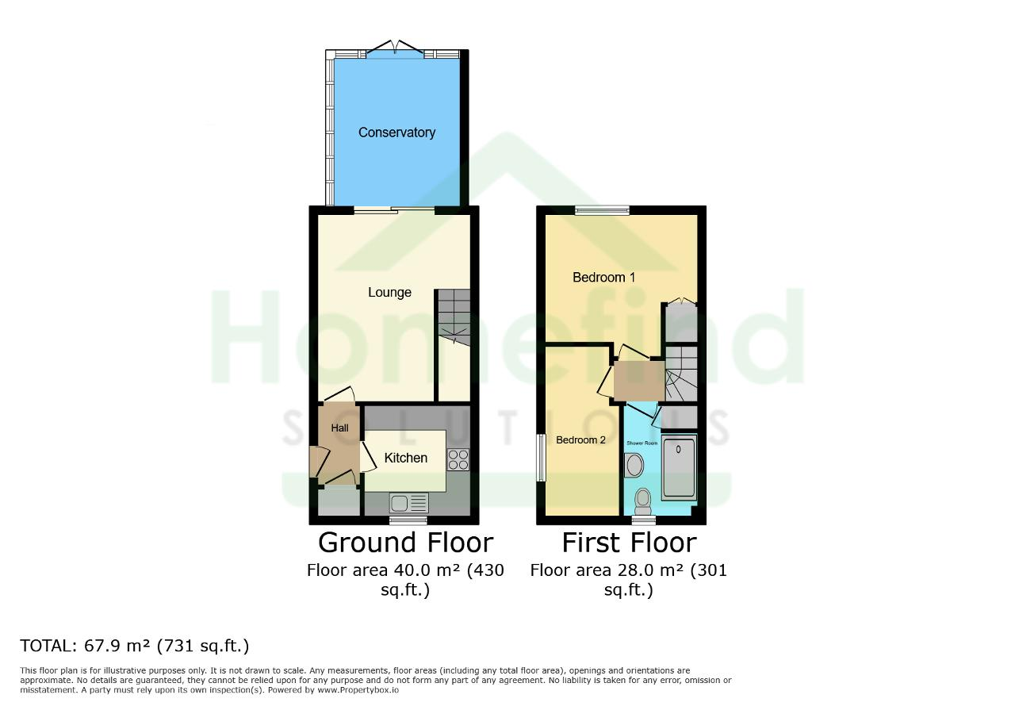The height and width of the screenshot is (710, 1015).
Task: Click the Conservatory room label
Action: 396,132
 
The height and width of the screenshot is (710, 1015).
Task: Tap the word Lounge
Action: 389,293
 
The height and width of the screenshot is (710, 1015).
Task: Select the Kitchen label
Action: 405,458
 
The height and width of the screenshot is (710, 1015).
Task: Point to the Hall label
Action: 339,428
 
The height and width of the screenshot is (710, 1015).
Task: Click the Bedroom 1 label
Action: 603,277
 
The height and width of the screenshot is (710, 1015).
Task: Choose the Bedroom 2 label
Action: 580,439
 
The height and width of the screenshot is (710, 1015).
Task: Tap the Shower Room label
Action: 642,443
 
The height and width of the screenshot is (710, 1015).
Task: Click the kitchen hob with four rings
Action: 458,459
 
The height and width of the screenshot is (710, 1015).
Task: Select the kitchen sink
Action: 408,503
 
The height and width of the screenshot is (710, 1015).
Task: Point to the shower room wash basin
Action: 634,465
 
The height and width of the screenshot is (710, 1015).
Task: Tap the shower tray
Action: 678,467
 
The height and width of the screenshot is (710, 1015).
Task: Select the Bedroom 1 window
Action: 602,210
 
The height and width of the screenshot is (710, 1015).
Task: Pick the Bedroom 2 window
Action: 541,458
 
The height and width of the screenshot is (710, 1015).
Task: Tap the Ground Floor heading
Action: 405,543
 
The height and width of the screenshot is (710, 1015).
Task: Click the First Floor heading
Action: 629,543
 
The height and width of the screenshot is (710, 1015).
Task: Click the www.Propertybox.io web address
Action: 358,690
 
